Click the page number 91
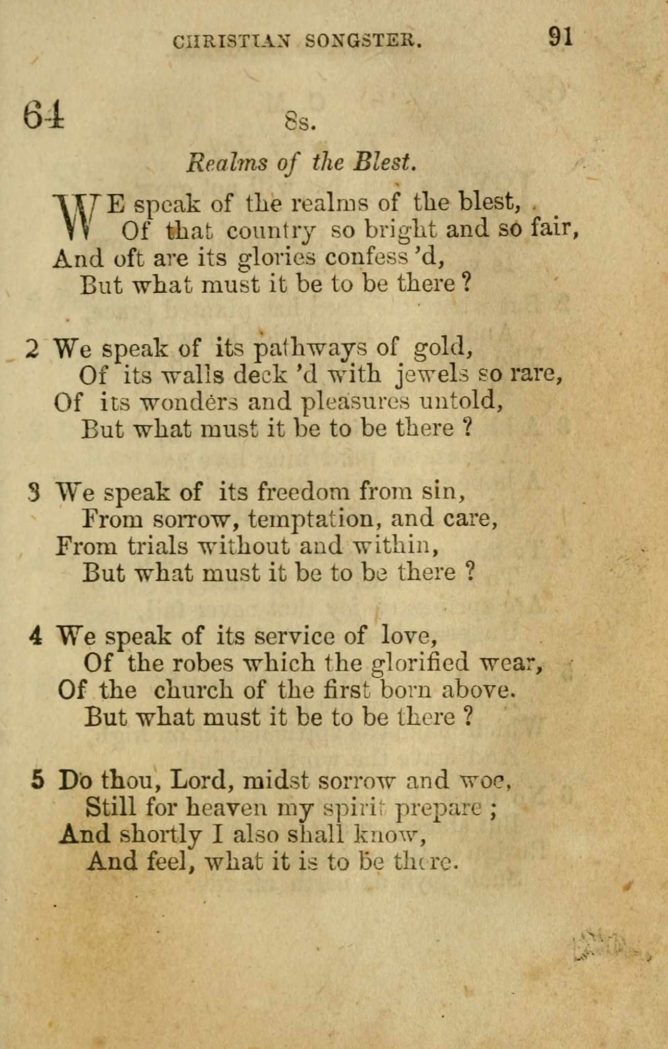[x=561, y=37]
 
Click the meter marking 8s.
[x=300, y=122]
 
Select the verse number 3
[x=34, y=493]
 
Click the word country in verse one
[x=270, y=232]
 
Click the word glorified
[x=419, y=663]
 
